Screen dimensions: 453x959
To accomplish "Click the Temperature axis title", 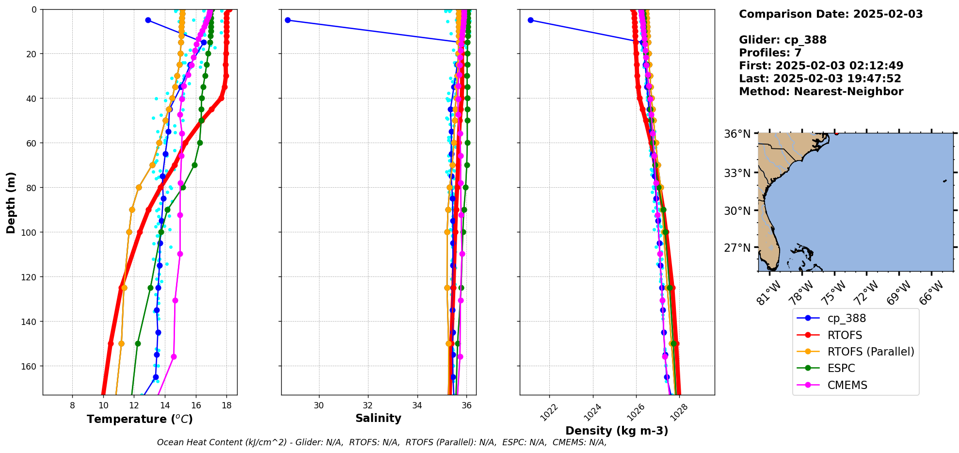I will (140, 419).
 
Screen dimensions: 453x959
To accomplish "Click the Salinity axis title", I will (378, 418).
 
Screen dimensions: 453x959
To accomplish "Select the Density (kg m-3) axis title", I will (617, 431).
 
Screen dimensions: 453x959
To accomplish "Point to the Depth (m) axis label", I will (11, 202).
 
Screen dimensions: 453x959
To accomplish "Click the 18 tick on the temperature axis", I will (226, 405).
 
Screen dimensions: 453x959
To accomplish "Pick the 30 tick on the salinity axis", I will (319, 405).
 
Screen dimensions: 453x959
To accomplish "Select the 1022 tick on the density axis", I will (549, 413).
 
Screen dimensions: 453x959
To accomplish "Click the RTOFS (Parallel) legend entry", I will (871, 352).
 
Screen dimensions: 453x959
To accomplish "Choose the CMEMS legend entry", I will (847, 385).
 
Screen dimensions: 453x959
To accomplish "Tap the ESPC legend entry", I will (841, 368).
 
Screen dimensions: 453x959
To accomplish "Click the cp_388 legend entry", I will (847, 318).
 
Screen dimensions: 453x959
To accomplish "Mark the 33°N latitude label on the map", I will (737, 173).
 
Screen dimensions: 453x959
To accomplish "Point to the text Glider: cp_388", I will (783, 40).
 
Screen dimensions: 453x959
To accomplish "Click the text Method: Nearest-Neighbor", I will (821, 92).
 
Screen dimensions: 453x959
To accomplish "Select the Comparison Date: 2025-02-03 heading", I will (831, 14).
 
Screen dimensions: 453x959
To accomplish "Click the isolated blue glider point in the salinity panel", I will (288, 20).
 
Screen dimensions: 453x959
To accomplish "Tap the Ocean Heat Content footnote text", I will (382, 442).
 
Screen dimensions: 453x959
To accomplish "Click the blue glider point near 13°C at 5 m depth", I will (148, 20).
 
